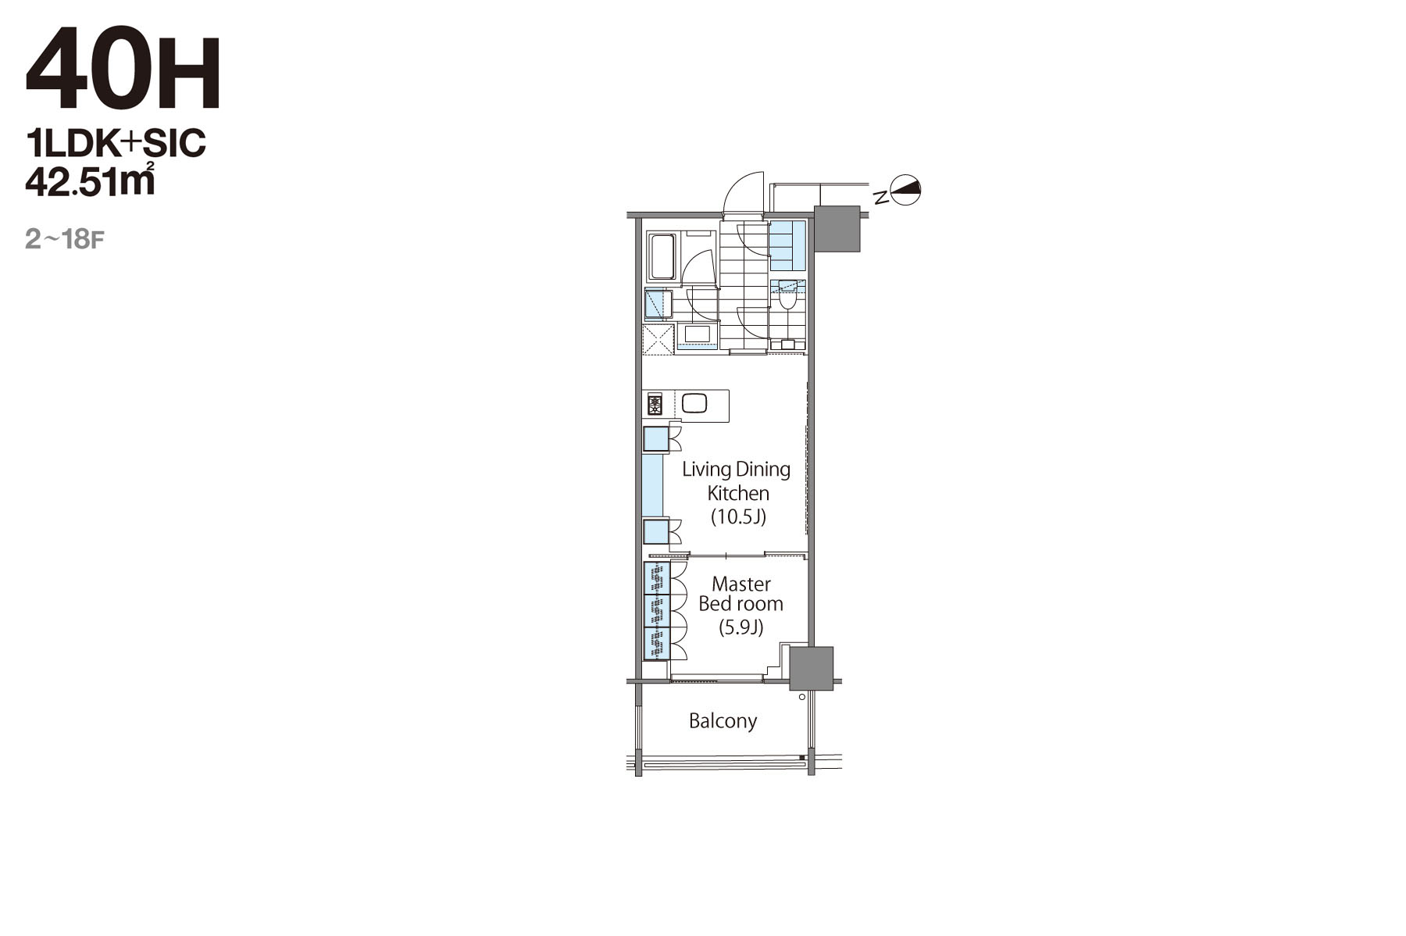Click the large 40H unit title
click(123, 70)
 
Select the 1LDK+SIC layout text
click(116, 143)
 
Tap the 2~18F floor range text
click(64, 239)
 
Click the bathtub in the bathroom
click(663, 255)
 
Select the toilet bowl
click(787, 298)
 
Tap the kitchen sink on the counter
click(694, 403)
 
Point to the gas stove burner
click(655, 405)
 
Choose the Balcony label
click(723, 720)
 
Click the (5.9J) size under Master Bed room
click(740, 627)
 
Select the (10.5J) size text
click(738, 516)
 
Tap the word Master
click(741, 584)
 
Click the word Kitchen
click(738, 493)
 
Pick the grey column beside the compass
click(837, 229)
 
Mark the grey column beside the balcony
click(811, 669)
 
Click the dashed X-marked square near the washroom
click(658, 339)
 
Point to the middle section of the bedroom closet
click(658, 610)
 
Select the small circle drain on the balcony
click(801, 697)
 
